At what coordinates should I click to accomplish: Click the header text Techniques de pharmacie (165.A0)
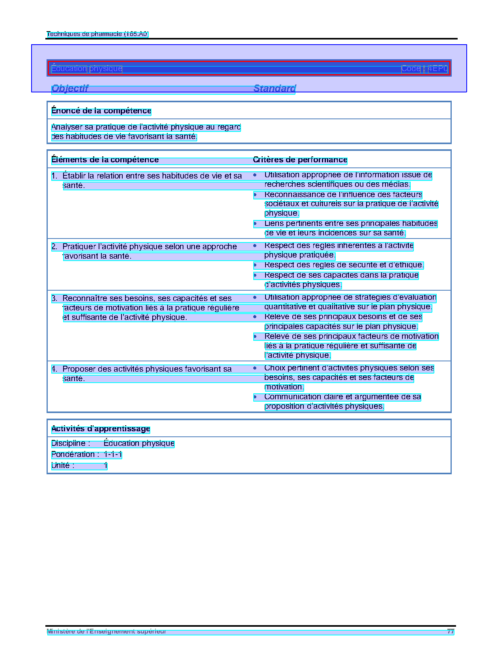pyautogui.click(x=97, y=34)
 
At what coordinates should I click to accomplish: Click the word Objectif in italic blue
pyautogui.click(x=70, y=88)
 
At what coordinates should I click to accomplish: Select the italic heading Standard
pyautogui.click(x=275, y=88)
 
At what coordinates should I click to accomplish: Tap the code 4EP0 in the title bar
pyautogui.click(x=438, y=69)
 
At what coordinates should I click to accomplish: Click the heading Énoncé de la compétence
pyautogui.click(x=101, y=111)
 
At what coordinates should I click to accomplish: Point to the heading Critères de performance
pyautogui.click(x=300, y=160)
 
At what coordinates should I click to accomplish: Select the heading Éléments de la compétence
pyautogui.click(x=105, y=160)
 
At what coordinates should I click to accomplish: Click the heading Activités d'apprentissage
pyautogui.click(x=101, y=429)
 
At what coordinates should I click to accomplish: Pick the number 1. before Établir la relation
pyautogui.click(x=54, y=176)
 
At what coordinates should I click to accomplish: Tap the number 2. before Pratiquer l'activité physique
pyautogui.click(x=54, y=247)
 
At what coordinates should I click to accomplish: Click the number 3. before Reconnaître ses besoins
pyautogui.click(x=54, y=299)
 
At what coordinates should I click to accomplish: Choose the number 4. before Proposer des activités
pyautogui.click(x=54, y=369)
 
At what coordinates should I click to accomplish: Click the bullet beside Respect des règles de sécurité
pyautogui.click(x=255, y=265)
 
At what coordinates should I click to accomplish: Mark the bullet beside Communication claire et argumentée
pyautogui.click(x=255, y=397)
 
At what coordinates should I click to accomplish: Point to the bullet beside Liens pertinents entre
pyautogui.click(x=255, y=224)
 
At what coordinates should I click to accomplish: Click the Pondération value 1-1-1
pyautogui.click(x=113, y=455)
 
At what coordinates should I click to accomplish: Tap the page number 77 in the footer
pyautogui.click(x=451, y=631)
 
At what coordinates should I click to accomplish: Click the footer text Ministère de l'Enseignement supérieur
pyautogui.click(x=107, y=631)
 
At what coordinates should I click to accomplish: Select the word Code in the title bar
pyautogui.click(x=411, y=69)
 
